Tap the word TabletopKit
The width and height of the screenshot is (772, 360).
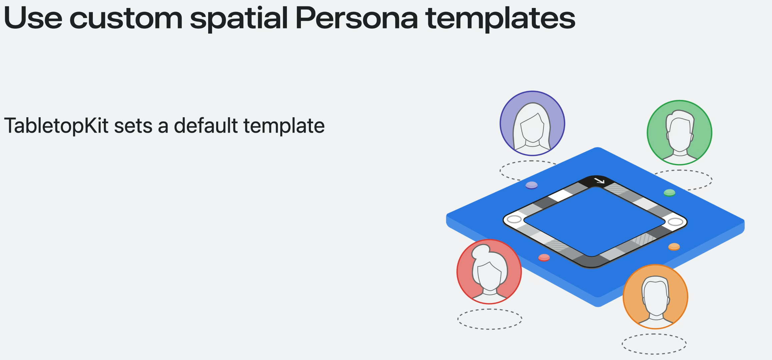(x=56, y=126)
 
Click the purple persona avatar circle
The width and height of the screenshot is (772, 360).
(x=532, y=124)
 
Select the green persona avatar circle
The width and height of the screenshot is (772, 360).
(x=679, y=133)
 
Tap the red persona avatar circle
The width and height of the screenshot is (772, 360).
(x=489, y=272)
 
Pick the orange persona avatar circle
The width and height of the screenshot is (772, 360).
(x=655, y=297)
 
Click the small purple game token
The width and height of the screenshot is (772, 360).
(x=531, y=185)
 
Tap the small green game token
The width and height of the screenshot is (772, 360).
(x=669, y=193)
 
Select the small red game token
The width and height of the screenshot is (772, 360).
(x=544, y=257)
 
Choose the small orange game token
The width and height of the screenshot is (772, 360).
(x=674, y=247)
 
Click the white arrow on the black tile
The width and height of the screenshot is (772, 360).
(x=599, y=181)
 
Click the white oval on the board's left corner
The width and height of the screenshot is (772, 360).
(x=514, y=219)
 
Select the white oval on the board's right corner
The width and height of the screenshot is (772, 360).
(x=676, y=222)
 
